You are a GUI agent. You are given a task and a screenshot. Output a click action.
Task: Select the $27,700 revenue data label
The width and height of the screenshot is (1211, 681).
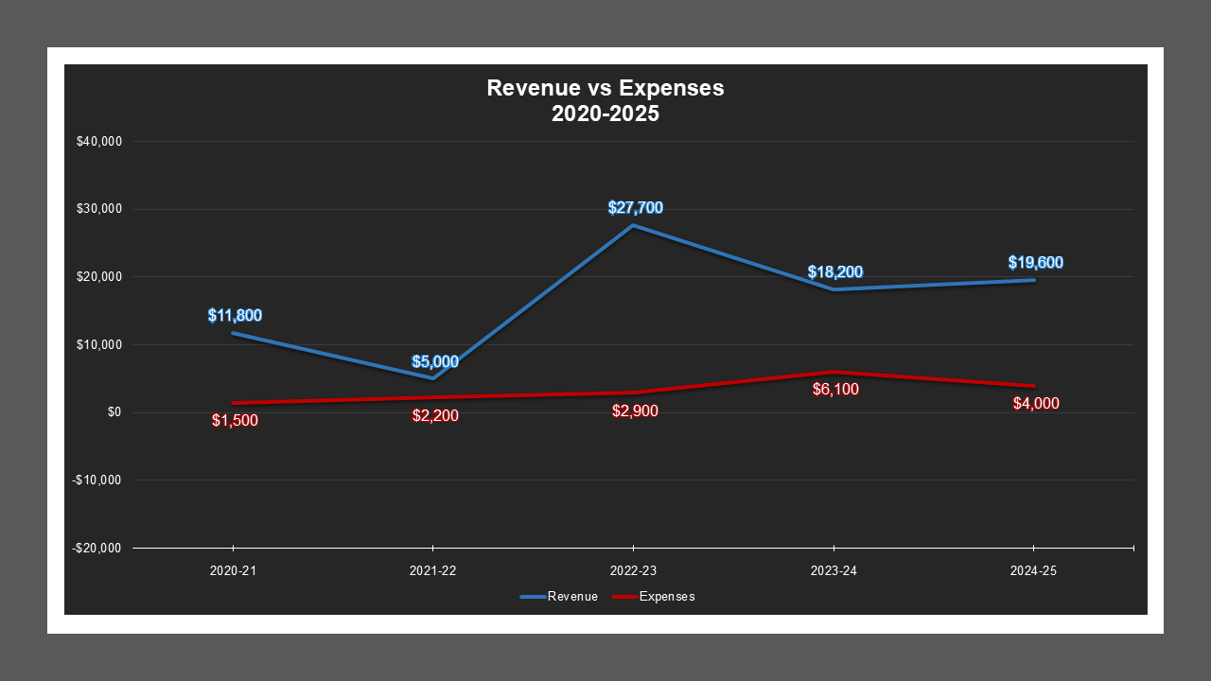pyautogui.click(x=635, y=207)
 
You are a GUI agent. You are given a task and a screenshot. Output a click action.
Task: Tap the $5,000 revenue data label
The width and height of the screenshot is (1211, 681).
pyautogui.click(x=435, y=361)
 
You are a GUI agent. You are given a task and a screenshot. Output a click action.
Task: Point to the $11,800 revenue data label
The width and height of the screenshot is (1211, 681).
pyautogui.click(x=235, y=315)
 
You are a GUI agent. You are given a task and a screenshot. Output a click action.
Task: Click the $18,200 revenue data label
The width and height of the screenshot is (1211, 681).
pyautogui.click(x=834, y=271)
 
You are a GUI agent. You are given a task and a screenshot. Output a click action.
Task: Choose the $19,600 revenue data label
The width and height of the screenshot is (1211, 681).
pyautogui.click(x=1035, y=262)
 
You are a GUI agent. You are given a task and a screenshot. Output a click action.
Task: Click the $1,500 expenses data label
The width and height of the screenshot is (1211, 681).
pyautogui.click(x=235, y=420)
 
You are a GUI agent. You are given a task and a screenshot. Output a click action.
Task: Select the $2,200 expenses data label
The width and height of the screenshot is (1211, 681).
pyautogui.click(x=435, y=415)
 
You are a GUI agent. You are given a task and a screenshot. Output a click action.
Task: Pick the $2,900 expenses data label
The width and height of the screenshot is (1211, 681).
pyautogui.click(x=635, y=410)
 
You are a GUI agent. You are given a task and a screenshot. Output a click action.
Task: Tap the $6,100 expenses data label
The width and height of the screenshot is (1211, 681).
pyautogui.click(x=834, y=389)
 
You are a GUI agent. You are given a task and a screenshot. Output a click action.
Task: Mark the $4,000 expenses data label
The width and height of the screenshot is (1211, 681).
pyautogui.click(x=1035, y=403)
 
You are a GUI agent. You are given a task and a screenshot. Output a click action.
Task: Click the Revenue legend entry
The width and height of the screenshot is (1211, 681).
pyautogui.click(x=559, y=597)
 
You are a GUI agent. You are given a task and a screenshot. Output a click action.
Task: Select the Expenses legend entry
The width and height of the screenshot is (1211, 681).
pyautogui.click(x=654, y=597)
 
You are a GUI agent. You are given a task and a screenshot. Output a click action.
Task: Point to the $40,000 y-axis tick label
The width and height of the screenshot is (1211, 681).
pyautogui.click(x=99, y=142)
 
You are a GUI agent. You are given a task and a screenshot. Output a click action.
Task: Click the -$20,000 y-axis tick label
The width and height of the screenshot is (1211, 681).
pyautogui.click(x=97, y=548)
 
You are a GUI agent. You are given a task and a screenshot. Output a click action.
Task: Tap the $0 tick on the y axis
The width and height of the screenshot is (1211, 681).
pyautogui.click(x=114, y=412)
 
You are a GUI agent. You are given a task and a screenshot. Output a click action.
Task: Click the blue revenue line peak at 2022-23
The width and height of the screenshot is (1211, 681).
pyautogui.click(x=633, y=225)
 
